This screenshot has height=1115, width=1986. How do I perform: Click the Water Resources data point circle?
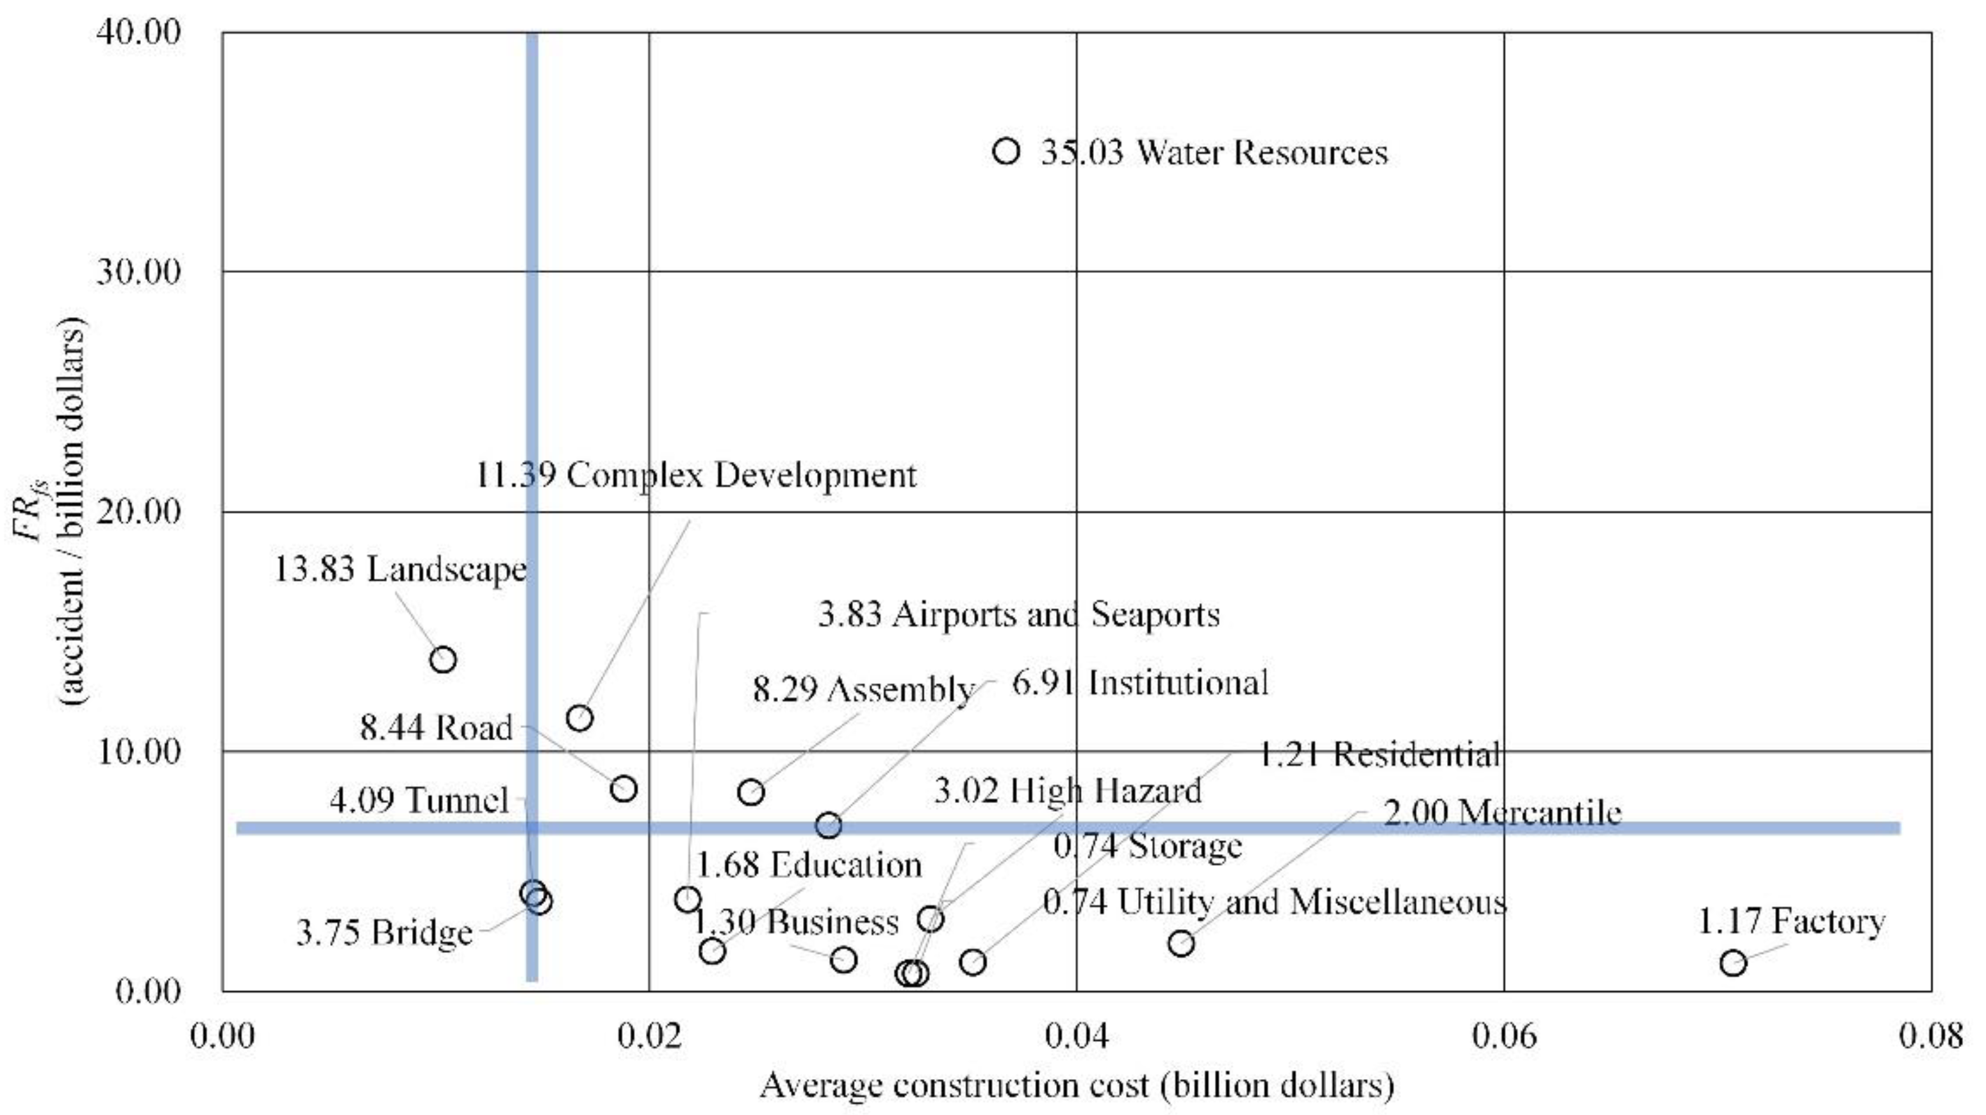tap(1006, 151)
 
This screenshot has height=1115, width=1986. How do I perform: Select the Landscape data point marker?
tap(443, 659)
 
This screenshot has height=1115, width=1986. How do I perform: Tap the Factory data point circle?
tap(1733, 962)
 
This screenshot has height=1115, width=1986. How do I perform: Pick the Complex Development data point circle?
tap(579, 718)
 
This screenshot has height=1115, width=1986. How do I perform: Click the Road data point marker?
tap(623, 789)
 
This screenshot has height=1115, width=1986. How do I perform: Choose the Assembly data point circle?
tap(750, 792)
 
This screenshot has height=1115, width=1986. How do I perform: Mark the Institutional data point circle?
tap(828, 826)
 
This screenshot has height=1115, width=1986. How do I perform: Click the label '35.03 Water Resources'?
tap(1214, 152)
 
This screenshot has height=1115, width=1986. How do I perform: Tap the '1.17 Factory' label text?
tap(1791, 921)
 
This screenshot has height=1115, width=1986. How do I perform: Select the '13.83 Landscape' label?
tap(400, 570)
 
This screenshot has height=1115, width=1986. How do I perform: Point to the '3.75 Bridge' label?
tap(384, 932)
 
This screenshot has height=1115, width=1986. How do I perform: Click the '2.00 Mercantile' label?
tap(1502, 813)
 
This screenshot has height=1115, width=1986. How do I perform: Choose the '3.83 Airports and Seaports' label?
tap(1018, 615)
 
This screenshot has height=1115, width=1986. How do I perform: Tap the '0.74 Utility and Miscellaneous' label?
tap(1273, 902)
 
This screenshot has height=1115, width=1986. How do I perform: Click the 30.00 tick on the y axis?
tap(138, 272)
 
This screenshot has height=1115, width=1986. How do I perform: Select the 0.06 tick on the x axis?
tap(1503, 1036)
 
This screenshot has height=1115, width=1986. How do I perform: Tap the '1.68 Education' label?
tap(809, 864)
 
